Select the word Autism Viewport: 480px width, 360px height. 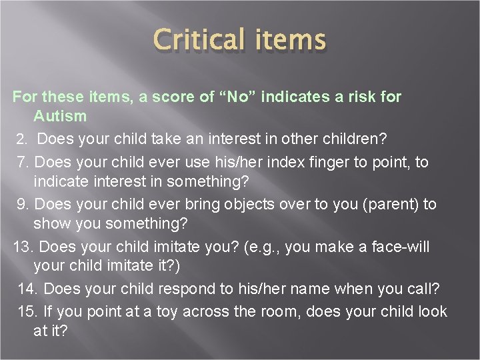(60, 116)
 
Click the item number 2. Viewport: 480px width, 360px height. (22, 139)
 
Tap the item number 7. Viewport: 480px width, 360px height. (22, 162)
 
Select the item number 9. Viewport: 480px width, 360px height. (22, 204)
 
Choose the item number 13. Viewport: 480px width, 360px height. (23, 247)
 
